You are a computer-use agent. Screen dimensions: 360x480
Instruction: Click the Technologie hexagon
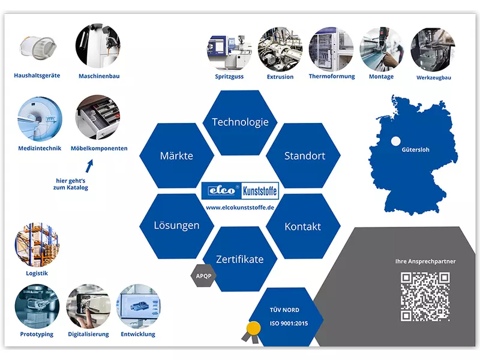(240, 122)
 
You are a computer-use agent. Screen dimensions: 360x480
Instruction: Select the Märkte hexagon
(176, 156)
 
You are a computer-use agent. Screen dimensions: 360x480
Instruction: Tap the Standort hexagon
(304, 156)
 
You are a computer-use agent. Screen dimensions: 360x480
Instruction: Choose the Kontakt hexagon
(302, 227)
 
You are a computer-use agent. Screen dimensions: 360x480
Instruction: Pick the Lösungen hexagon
(176, 226)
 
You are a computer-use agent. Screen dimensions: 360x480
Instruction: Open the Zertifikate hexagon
(240, 259)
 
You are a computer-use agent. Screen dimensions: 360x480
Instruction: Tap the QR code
(425, 296)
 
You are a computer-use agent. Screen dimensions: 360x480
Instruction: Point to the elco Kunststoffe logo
(240, 191)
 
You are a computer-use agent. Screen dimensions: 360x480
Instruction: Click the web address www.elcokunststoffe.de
(240, 207)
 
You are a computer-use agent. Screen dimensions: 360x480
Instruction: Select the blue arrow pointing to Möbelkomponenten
(89, 165)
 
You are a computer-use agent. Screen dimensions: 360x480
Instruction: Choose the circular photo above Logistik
(37, 245)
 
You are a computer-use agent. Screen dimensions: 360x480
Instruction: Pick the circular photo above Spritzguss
(229, 47)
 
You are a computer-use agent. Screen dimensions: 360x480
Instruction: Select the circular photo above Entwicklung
(137, 306)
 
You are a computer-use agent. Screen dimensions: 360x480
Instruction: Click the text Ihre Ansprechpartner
(425, 262)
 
